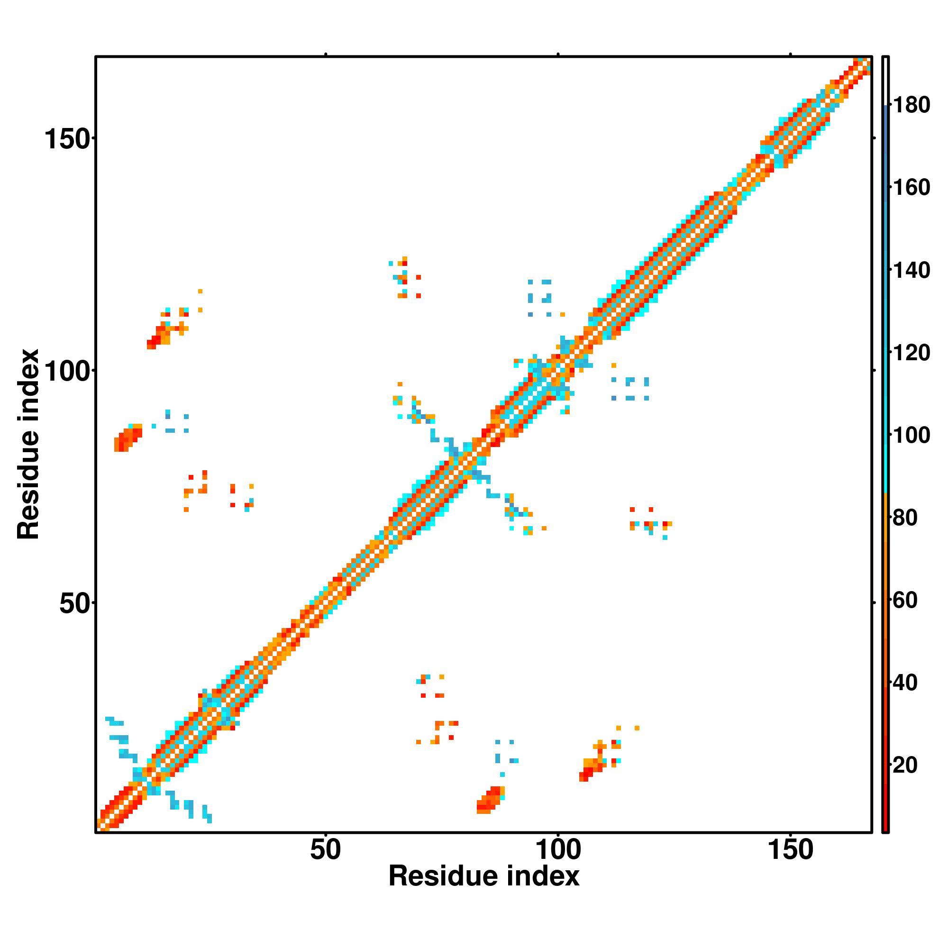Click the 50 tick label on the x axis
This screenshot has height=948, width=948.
325,850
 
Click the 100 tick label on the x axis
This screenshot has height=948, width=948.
557,850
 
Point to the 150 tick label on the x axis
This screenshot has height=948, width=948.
790,850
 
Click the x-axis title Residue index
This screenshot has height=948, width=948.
484,876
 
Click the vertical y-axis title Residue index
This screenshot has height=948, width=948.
28,445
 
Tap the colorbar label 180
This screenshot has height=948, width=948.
911,105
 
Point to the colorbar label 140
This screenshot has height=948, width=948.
911,270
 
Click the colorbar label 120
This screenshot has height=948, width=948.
911,353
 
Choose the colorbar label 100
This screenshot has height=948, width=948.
911,435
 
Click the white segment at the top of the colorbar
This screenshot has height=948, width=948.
886,81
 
